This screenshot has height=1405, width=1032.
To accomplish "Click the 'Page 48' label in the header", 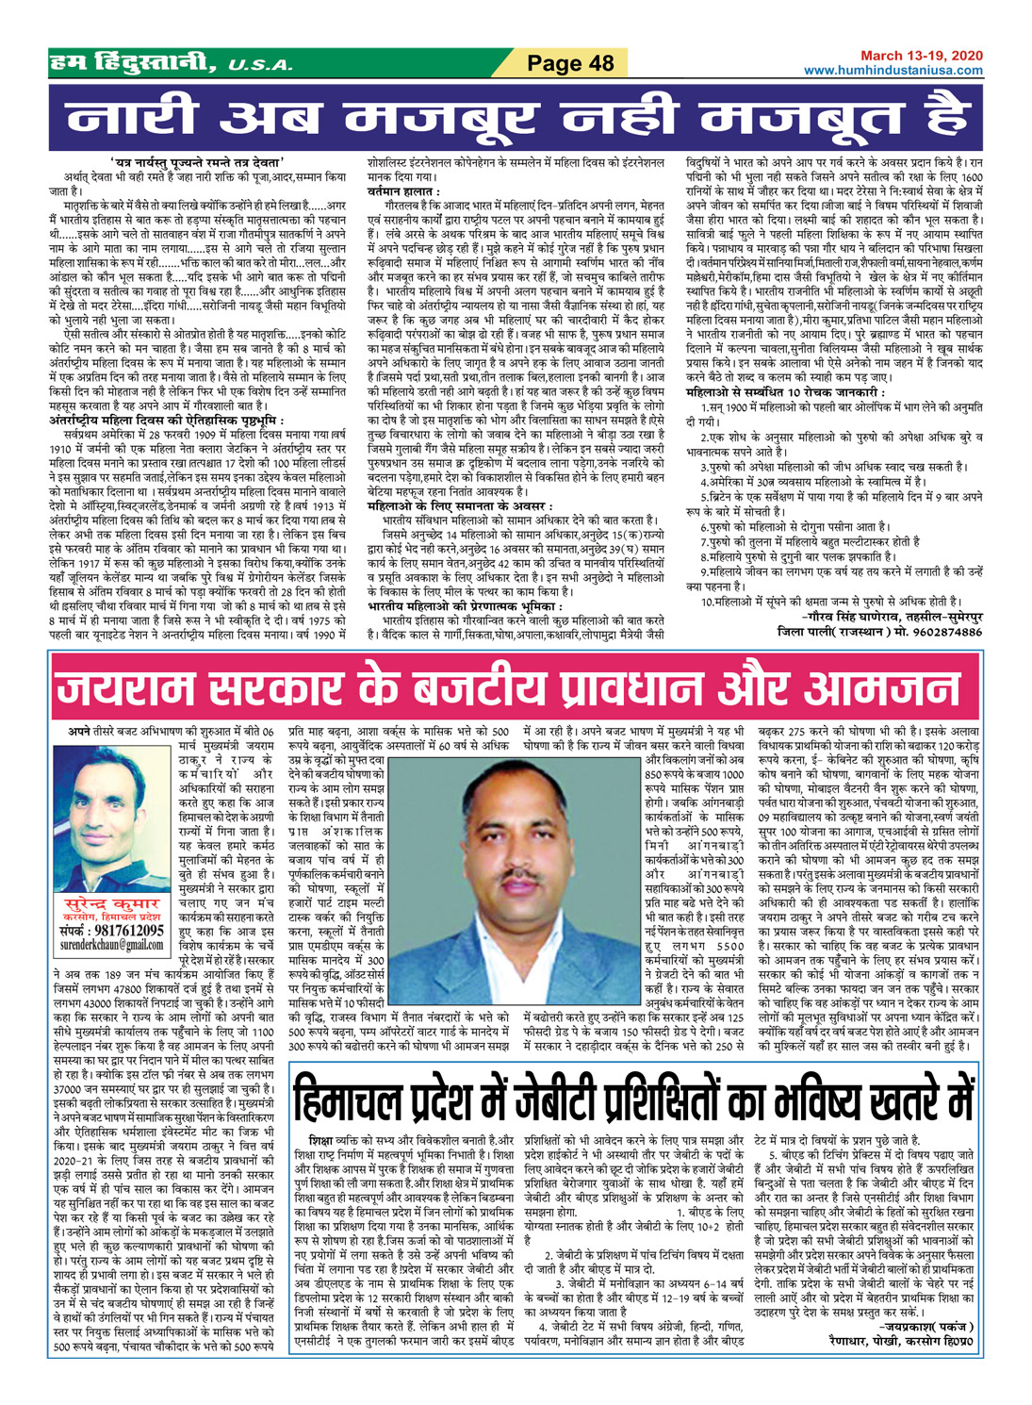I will (570, 63).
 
